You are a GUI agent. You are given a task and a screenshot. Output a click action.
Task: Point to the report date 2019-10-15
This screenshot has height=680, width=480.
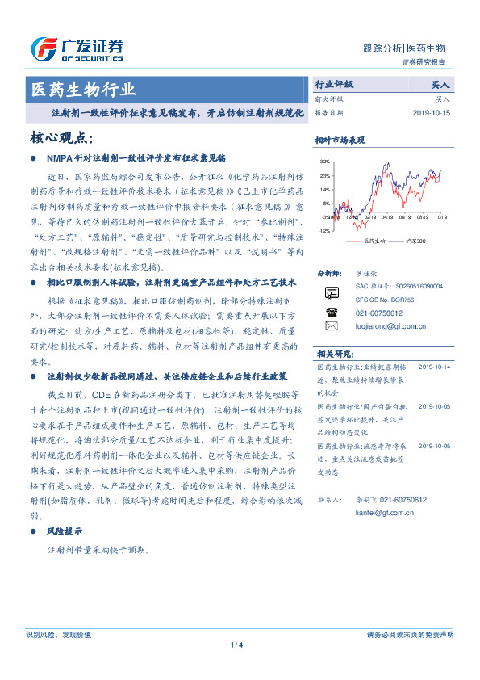click(432, 112)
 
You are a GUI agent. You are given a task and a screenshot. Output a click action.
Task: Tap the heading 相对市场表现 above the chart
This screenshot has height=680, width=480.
click(340, 141)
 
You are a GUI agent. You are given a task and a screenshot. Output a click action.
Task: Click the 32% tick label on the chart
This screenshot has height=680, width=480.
click(324, 162)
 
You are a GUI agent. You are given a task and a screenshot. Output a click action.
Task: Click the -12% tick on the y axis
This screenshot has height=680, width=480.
click(323, 231)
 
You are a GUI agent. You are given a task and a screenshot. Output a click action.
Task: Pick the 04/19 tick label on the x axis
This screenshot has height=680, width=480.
click(386, 216)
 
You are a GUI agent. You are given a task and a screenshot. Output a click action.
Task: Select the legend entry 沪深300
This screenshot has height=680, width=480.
click(418, 241)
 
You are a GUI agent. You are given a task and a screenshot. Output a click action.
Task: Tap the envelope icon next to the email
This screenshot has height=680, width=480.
click(332, 326)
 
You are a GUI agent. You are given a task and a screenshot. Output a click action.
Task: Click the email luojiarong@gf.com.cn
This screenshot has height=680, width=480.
click(391, 326)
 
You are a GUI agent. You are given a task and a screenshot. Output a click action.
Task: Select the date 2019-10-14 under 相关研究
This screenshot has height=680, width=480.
click(433, 367)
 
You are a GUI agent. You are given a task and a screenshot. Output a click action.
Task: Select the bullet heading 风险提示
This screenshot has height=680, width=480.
click(63, 531)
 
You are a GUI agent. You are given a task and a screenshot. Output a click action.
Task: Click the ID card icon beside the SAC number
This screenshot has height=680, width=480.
click(332, 292)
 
